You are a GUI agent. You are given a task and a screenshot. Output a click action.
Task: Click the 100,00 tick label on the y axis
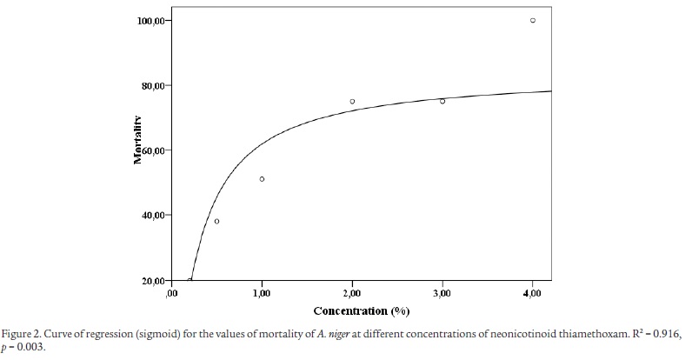point(153,20)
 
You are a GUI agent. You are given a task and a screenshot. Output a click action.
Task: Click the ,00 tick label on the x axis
point(171,295)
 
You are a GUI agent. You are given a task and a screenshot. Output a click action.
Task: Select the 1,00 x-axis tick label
point(262,295)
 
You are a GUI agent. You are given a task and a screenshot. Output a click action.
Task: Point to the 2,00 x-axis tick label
point(352,295)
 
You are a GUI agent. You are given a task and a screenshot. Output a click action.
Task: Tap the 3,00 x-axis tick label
point(442,295)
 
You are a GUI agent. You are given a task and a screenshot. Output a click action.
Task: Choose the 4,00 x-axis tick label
point(533,295)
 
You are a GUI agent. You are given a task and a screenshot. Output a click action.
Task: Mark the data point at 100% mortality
point(533,20)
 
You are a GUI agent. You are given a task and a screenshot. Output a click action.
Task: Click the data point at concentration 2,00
point(352,102)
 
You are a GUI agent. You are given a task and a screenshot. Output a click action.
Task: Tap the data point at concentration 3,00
point(442,101)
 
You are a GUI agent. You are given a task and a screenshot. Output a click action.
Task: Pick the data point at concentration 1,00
point(262,179)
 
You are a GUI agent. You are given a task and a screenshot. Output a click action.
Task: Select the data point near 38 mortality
point(216,221)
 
